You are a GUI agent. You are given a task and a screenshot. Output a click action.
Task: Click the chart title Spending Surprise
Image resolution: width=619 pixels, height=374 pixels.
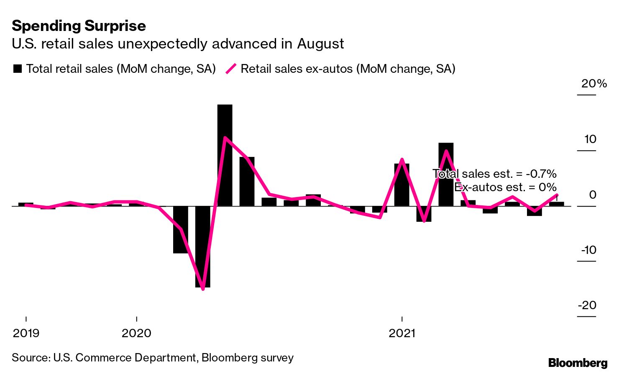click(x=79, y=26)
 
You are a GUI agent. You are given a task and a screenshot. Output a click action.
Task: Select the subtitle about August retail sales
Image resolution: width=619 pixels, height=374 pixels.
click(x=178, y=44)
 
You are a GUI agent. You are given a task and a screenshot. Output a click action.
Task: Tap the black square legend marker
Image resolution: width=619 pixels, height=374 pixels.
click(x=18, y=69)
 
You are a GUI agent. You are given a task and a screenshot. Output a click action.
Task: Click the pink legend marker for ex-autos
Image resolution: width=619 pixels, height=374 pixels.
click(x=231, y=69)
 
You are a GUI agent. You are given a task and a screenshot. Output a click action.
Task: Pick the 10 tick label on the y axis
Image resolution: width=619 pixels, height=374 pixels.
click(x=590, y=139)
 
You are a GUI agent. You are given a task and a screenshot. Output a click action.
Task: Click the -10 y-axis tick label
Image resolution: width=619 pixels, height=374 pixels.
click(x=588, y=250)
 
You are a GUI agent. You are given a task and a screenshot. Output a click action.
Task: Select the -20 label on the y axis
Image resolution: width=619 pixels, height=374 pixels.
click(x=587, y=305)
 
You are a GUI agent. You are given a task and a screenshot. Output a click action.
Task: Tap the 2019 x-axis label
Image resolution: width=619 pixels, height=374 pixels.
click(x=26, y=333)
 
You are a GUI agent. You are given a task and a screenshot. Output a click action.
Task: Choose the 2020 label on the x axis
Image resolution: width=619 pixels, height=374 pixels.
click(x=136, y=333)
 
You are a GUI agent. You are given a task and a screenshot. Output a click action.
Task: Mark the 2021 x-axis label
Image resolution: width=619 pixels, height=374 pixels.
click(x=402, y=333)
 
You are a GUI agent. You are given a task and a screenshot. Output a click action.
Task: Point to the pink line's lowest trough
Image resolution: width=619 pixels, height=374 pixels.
click(x=203, y=289)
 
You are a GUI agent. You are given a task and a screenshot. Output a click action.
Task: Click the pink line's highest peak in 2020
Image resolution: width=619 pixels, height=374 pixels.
click(x=225, y=138)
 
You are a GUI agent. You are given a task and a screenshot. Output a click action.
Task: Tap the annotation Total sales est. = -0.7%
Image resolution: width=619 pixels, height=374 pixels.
click(x=494, y=174)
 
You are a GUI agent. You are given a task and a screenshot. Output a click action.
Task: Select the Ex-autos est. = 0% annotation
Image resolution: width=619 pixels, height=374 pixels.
click(x=505, y=187)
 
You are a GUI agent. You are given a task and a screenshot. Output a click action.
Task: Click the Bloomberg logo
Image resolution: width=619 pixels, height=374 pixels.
click(x=578, y=363)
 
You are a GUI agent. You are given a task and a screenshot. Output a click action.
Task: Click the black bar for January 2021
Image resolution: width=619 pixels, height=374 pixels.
click(x=402, y=184)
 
